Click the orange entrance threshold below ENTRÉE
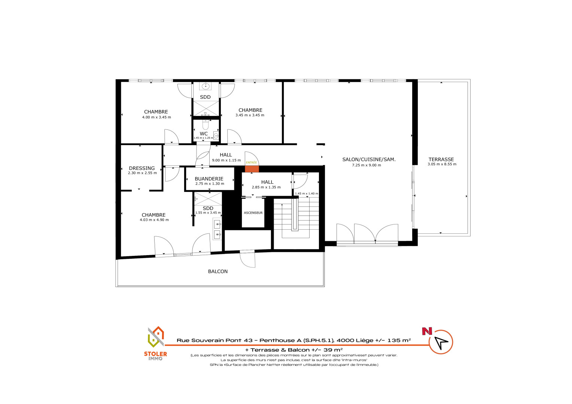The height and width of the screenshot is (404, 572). pyautogui.click(x=252, y=169)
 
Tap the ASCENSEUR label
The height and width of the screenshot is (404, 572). pyautogui.click(x=253, y=213)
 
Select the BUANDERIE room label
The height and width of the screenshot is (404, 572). pyautogui.click(x=209, y=179)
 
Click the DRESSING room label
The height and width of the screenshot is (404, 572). pyautogui.click(x=142, y=168)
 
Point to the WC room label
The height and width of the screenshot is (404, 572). pyautogui.click(x=204, y=134)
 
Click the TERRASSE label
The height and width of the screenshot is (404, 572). pyautogui.click(x=441, y=159)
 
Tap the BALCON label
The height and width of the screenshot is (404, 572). pyautogui.click(x=217, y=272)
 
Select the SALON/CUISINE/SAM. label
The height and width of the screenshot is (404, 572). pyautogui.click(x=369, y=159)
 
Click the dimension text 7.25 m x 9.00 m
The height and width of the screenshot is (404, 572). pyautogui.click(x=366, y=165)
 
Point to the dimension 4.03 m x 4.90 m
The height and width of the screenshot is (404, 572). pyautogui.click(x=154, y=220)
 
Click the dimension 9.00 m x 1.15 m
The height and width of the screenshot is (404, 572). pyautogui.click(x=226, y=160)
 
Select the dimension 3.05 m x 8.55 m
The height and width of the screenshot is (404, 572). pyautogui.click(x=442, y=164)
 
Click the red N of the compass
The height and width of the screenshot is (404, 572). pyautogui.click(x=427, y=331)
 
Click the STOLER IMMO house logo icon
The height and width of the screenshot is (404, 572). pyautogui.click(x=156, y=337)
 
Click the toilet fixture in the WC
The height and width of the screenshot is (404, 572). pyautogui.click(x=206, y=124)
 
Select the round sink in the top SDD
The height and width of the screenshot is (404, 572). pyautogui.click(x=206, y=86)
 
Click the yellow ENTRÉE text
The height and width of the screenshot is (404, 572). pyautogui.click(x=252, y=163)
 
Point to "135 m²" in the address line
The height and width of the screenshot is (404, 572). pyautogui.click(x=399, y=340)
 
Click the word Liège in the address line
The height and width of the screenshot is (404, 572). pyautogui.click(x=365, y=340)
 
